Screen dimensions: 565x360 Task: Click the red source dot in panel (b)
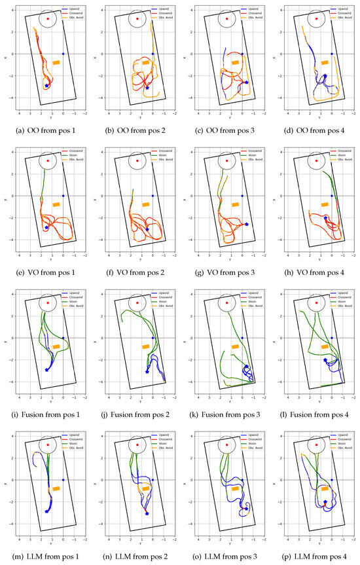point(137,18)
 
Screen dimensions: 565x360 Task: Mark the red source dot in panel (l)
point(316,302)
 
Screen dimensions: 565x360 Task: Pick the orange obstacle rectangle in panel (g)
point(235,204)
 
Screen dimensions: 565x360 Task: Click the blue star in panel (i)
point(47,370)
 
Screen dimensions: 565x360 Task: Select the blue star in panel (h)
point(325,218)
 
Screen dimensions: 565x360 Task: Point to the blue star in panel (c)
point(247,82)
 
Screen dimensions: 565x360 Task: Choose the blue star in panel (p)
point(325,501)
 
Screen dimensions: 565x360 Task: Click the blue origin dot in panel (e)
point(63,196)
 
